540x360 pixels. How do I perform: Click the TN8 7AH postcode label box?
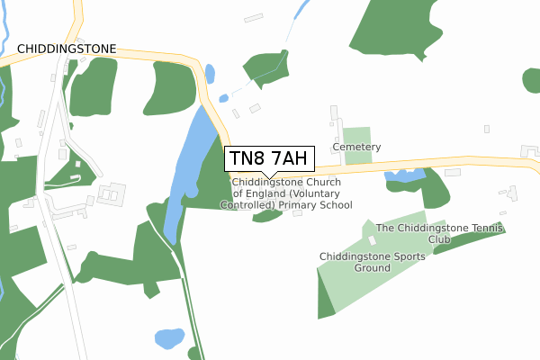click(x=269, y=158)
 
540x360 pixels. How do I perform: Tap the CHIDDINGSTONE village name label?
click(x=66, y=47)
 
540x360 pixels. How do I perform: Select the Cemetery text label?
click(x=356, y=147)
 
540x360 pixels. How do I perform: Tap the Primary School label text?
click(x=292, y=193)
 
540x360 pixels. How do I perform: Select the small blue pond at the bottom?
click(x=168, y=339)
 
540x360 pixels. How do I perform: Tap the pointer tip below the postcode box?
click(x=269, y=175)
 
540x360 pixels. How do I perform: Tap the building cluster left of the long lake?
click(x=112, y=193)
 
